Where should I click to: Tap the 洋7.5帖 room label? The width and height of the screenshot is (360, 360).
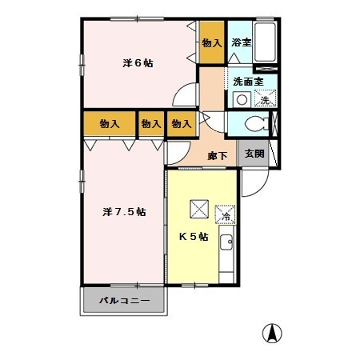tap(124, 212)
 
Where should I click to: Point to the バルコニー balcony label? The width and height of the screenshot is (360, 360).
tap(124, 302)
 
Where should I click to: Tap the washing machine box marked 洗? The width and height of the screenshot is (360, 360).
tap(265, 99)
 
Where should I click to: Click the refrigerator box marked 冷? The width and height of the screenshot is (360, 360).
tap(226, 214)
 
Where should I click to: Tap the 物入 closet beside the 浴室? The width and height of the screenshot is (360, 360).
tap(211, 42)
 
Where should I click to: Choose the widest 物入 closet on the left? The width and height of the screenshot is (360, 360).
tap(109, 124)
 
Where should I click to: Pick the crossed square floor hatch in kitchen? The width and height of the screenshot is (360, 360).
tap(198, 209)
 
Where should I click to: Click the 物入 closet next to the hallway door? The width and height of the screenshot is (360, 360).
tap(182, 124)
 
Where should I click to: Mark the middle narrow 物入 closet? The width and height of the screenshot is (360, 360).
tap(150, 124)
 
